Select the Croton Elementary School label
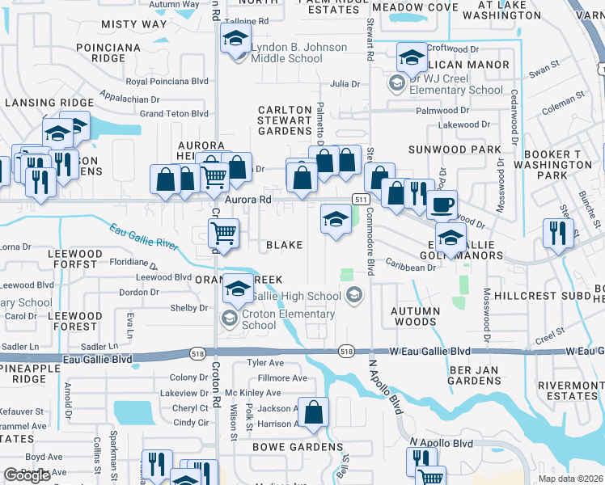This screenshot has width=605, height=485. (x=288, y=319)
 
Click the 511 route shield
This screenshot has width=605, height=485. (x=361, y=199)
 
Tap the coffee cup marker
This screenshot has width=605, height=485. (x=442, y=205)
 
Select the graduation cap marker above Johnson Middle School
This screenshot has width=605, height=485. (x=236, y=39)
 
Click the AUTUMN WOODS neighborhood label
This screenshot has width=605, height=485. (x=415, y=316)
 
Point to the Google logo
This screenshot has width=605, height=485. (x=27, y=476)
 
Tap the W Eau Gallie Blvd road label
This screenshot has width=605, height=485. (x=429, y=351)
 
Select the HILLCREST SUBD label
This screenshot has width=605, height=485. (x=552, y=296)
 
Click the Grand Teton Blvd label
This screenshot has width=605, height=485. (x=174, y=114)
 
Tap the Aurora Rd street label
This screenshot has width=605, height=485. (x=247, y=198)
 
